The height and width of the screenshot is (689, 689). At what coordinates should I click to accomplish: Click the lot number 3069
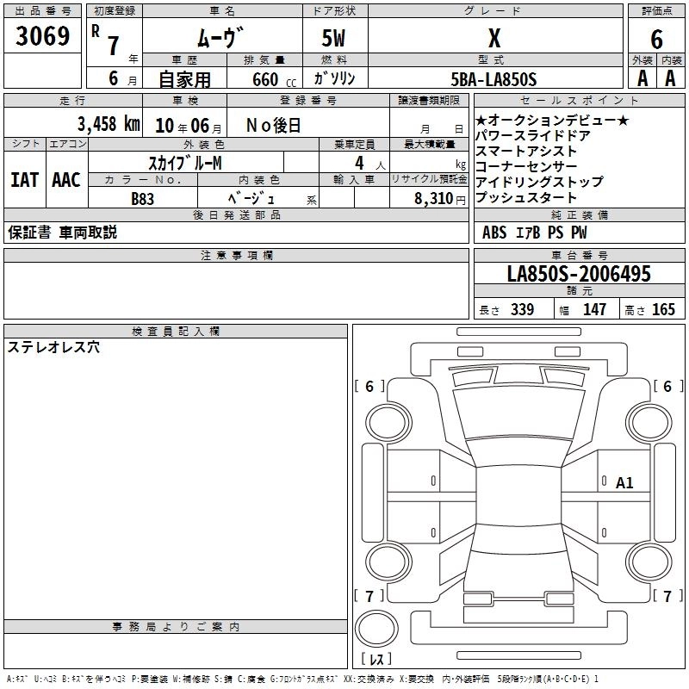click(x=43, y=37)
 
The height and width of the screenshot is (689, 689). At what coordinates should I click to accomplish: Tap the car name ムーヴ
click(x=220, y=38)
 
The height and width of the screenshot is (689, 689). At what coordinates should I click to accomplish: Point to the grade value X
click(x=493, y=38)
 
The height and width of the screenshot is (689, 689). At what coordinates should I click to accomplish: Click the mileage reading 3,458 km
click(x=109, y=124)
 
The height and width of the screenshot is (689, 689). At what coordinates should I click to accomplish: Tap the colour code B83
click(x=144, y=198)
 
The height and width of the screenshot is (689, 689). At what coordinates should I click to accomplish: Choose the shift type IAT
click(x=25, y=180)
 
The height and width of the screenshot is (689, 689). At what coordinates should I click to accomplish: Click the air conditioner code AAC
click(x=65, y=180)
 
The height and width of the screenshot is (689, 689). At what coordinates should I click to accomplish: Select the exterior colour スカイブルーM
click(x=186, y=162)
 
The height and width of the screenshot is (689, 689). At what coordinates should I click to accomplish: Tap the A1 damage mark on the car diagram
click(x=624, y=483)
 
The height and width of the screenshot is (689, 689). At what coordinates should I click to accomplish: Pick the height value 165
click(x=664, y=310)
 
